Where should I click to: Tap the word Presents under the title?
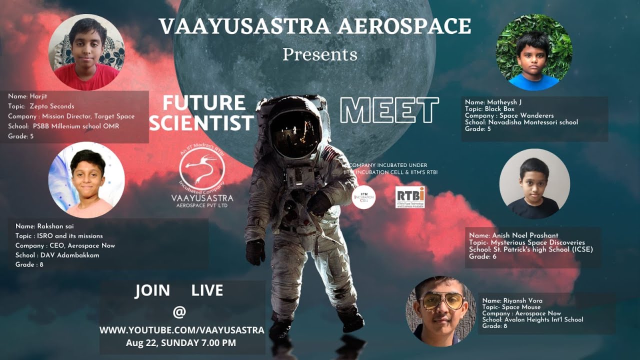tap(320, 54)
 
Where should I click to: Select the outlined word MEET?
tap(389, 110)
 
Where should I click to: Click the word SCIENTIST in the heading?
tap(201, 123)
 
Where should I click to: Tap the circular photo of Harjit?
tap(86, 52)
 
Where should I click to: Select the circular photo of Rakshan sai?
tap(86, 180)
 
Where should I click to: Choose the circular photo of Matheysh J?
tap(534, 52)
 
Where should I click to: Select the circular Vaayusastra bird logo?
tap(202, 172)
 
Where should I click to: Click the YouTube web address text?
tap(182, 330)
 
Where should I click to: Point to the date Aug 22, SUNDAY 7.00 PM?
tap(181, 343)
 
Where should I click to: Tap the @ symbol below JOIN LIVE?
tap(179, 311)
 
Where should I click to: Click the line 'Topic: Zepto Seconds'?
tap(41, 106)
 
